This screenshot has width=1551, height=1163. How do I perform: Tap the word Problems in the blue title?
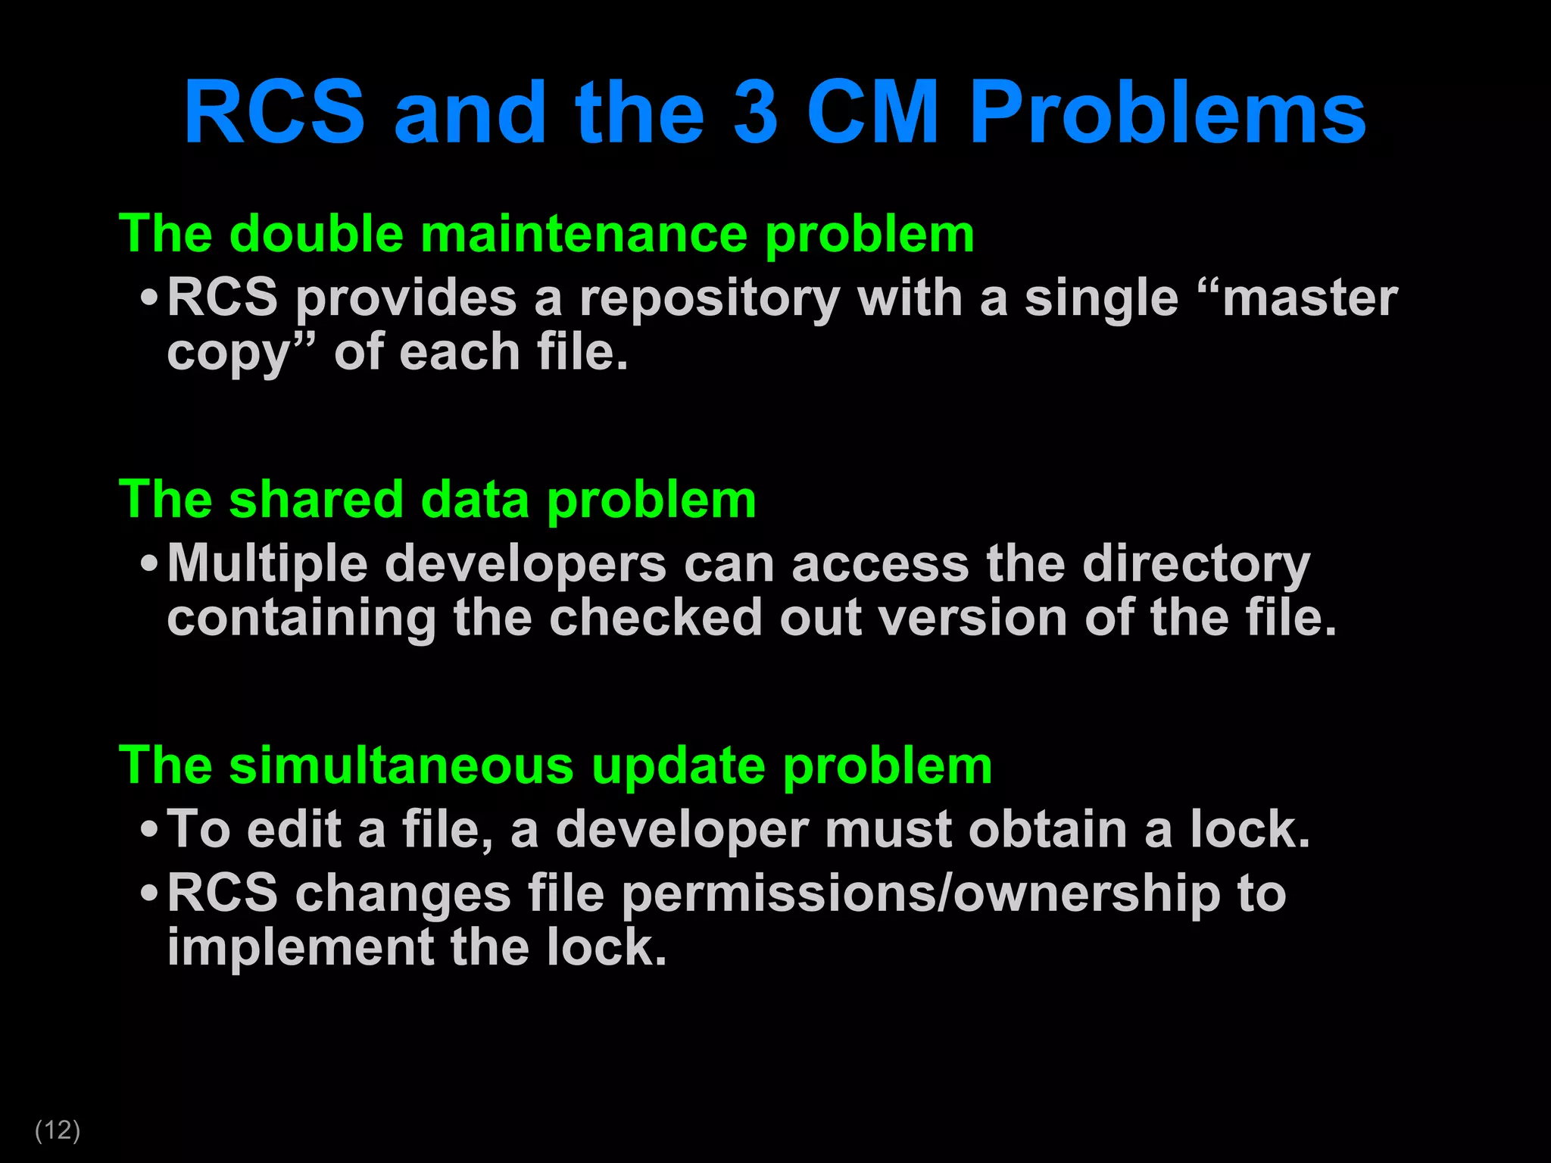tap(1167, 114)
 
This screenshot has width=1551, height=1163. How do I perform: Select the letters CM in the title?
tap(872, 114)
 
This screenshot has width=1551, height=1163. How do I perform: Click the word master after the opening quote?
tap(1309, 298)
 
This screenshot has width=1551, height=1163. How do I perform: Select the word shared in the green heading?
tap(316, 500)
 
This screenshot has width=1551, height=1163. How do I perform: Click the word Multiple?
tap(266, 564)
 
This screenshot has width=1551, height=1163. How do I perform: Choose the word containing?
tap(301, 619)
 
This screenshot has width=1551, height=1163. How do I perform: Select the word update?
tap(678, 766)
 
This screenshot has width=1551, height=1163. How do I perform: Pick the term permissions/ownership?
tap(921, 894)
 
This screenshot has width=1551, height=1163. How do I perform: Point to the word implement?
tap(300, 948)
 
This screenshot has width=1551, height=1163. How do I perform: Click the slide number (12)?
tap(58, 1130)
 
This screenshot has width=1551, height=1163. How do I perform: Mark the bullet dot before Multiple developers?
tap(149, 564)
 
